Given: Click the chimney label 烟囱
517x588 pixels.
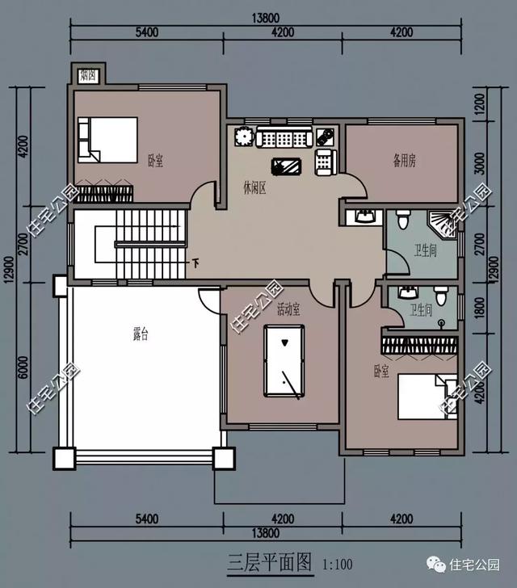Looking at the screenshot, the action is pos(88,76).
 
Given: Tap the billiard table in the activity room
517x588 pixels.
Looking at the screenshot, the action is pos(284,361).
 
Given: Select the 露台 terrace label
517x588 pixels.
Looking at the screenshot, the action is pos(141,334).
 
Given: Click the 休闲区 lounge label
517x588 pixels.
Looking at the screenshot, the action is pos(254,188).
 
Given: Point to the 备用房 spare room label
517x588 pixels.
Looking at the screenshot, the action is pos(405,161).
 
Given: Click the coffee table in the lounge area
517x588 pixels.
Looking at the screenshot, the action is pos(286,166).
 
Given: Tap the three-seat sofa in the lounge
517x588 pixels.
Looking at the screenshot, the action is pos(284,136).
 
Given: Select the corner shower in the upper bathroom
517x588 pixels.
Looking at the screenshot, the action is pos(442,224).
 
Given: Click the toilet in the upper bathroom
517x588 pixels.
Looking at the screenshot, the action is pos(403,220).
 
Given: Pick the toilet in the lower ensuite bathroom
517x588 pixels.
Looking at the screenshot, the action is pos(441,295).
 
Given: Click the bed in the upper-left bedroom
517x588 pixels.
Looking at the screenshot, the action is pos(107,140).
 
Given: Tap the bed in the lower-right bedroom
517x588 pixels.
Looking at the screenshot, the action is pos(427,397).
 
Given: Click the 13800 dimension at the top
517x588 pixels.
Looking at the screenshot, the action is pos(266,18).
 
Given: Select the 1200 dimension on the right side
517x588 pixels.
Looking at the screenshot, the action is pos(480,105).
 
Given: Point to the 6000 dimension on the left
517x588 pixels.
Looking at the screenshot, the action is pos(23,367).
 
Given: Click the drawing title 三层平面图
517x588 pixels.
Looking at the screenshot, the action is pos(270,562).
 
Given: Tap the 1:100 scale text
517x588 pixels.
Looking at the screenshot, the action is pos(338,565).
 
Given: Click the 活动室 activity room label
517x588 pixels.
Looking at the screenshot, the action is pos(288,310).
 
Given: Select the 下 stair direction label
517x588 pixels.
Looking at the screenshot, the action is pos(195,263).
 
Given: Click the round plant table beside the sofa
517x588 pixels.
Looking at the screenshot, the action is pos(244,137).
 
